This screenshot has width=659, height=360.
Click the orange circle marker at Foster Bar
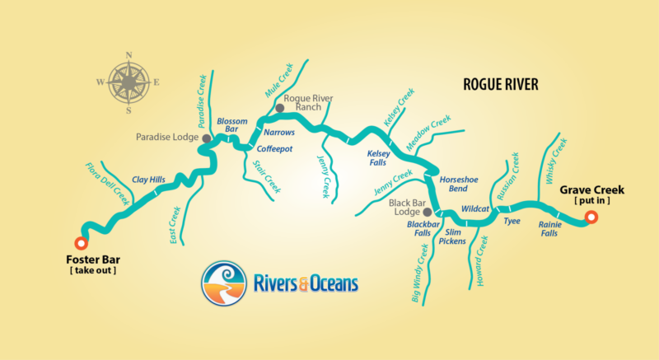80,243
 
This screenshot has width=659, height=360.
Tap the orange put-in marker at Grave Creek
590,218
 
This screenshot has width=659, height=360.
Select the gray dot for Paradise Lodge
205,138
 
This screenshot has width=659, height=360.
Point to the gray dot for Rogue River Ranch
279,108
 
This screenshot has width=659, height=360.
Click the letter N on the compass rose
129,56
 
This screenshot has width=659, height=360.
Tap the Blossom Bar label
231,125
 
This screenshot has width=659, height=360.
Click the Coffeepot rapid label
273,149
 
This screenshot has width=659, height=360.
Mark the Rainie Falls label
549,228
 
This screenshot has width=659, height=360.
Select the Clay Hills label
148,179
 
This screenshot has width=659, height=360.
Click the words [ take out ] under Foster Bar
91,270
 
